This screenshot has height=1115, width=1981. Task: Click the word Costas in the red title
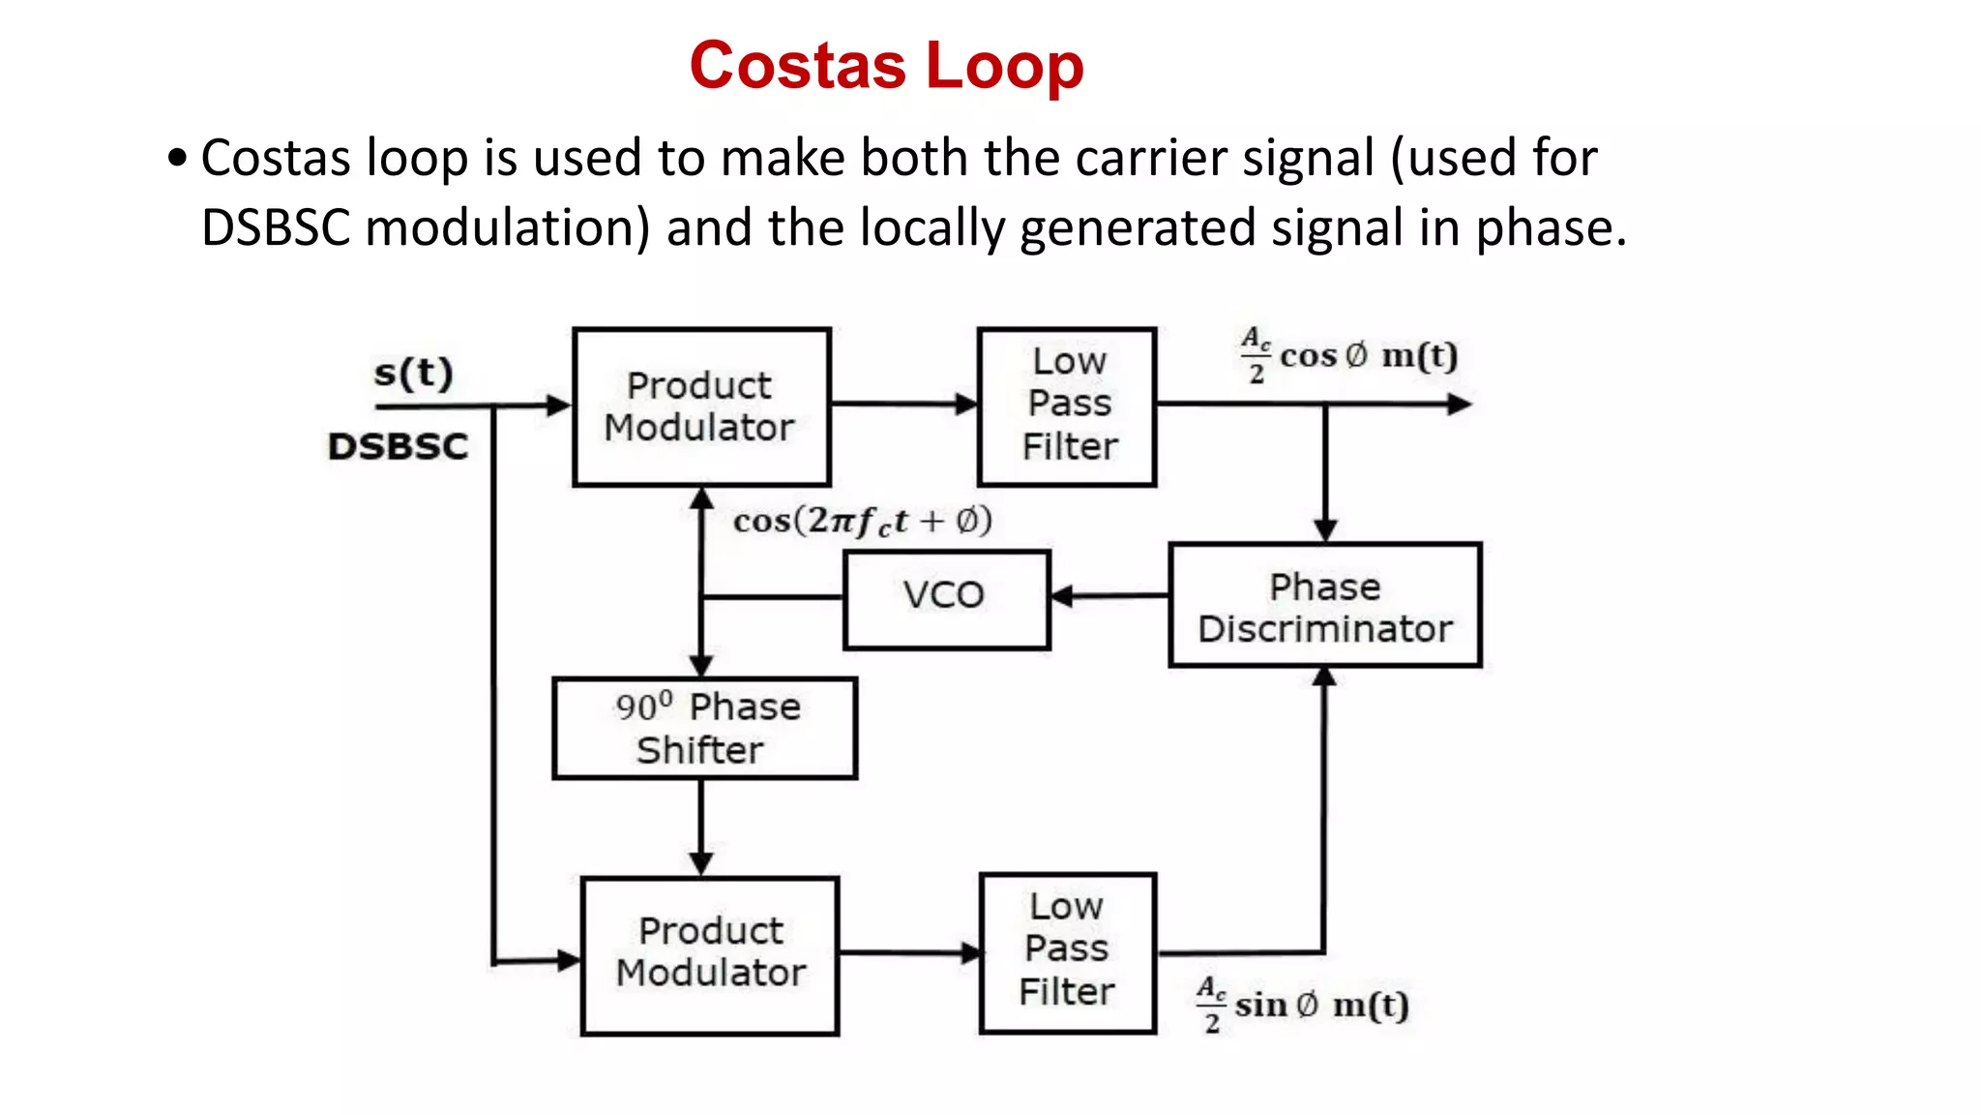(x=797, y=66)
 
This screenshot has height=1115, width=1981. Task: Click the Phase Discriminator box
(x=1324, y=606)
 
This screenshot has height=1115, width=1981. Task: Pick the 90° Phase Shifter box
(x=704, y=728)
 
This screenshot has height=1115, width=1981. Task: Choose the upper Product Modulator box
(x=701, y=407)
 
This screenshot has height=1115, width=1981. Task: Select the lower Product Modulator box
(x=710, y=954)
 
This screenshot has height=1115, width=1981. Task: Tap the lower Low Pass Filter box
(x=1067, y=952)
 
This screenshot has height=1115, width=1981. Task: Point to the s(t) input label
(x=414, y=374)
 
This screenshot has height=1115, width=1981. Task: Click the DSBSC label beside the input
(x=398, y=447)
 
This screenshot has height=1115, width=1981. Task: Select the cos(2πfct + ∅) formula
(x=862, y=522)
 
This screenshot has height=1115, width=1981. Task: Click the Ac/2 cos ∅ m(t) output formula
(x=1349, y=356)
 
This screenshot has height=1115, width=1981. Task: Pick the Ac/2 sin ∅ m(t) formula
(x=1303, y=1006)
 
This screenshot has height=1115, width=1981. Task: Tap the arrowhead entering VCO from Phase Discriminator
(x=1061, y=596)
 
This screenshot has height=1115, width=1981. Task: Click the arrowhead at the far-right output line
(x=1460, y=405)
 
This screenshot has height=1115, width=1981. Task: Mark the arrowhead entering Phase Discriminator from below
(x=1324, y=677)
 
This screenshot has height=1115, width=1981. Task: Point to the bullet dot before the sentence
(x=176, y=158)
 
